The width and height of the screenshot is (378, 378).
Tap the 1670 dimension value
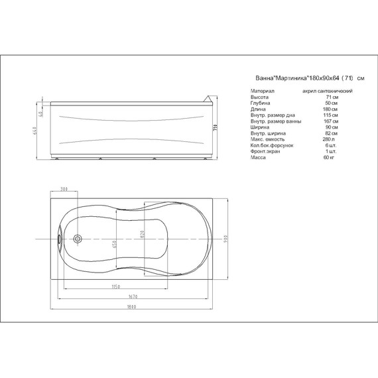click(133, 296)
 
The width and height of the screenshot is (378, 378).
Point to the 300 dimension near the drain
click(64, 190)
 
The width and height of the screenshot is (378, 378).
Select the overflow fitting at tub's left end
click(60, 237)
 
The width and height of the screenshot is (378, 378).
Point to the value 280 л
click(326, 139)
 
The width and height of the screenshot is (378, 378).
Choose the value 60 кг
click(327, 157)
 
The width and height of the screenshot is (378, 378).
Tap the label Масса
click(259, 157)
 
